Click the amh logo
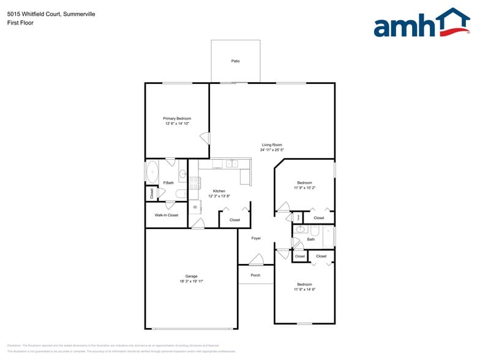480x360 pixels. tap(421, 23)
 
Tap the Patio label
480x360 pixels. tap(235, 61)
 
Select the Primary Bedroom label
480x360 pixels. tap(177, 118)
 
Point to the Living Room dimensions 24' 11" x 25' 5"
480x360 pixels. tap(272, 149)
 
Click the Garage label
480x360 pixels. tap(192, 276)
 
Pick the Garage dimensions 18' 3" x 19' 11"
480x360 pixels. tap(192, 281)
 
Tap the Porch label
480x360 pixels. tap(255, 275)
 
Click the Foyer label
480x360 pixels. tap(256, 238)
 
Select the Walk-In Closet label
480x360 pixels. tap(166, 215)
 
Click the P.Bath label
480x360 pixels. tap(168, 182)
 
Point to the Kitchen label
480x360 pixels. tap(220, 190)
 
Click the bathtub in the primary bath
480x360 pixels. tap(152, 171)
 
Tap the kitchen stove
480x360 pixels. tap(195, 182)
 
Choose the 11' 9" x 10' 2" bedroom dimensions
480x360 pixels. tap(304, 188)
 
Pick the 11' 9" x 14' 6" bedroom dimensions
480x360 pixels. tap(304, 290)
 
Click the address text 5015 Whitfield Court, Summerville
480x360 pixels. tap(43, 13)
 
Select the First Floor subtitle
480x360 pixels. tap(21, 23)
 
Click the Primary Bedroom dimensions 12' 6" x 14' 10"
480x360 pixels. tap(177, 124)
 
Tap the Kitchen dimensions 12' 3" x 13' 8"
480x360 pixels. tap(220, 196)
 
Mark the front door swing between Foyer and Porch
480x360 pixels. tap(256, 260)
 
